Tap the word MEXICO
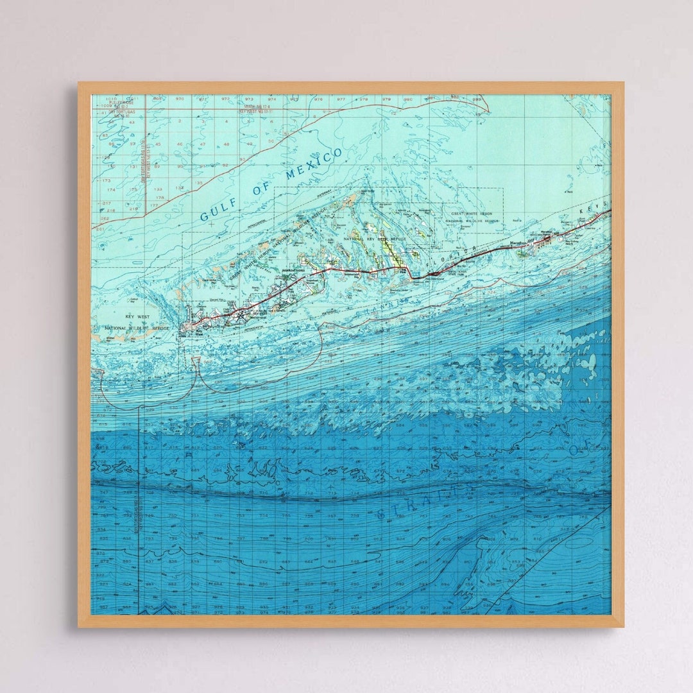point(316,164)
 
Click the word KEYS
point(594,213)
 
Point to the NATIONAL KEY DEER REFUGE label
point(368,239)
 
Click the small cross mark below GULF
point(211,224)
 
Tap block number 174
point(111,189)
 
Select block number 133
point(158,189)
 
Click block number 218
point(111,210)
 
